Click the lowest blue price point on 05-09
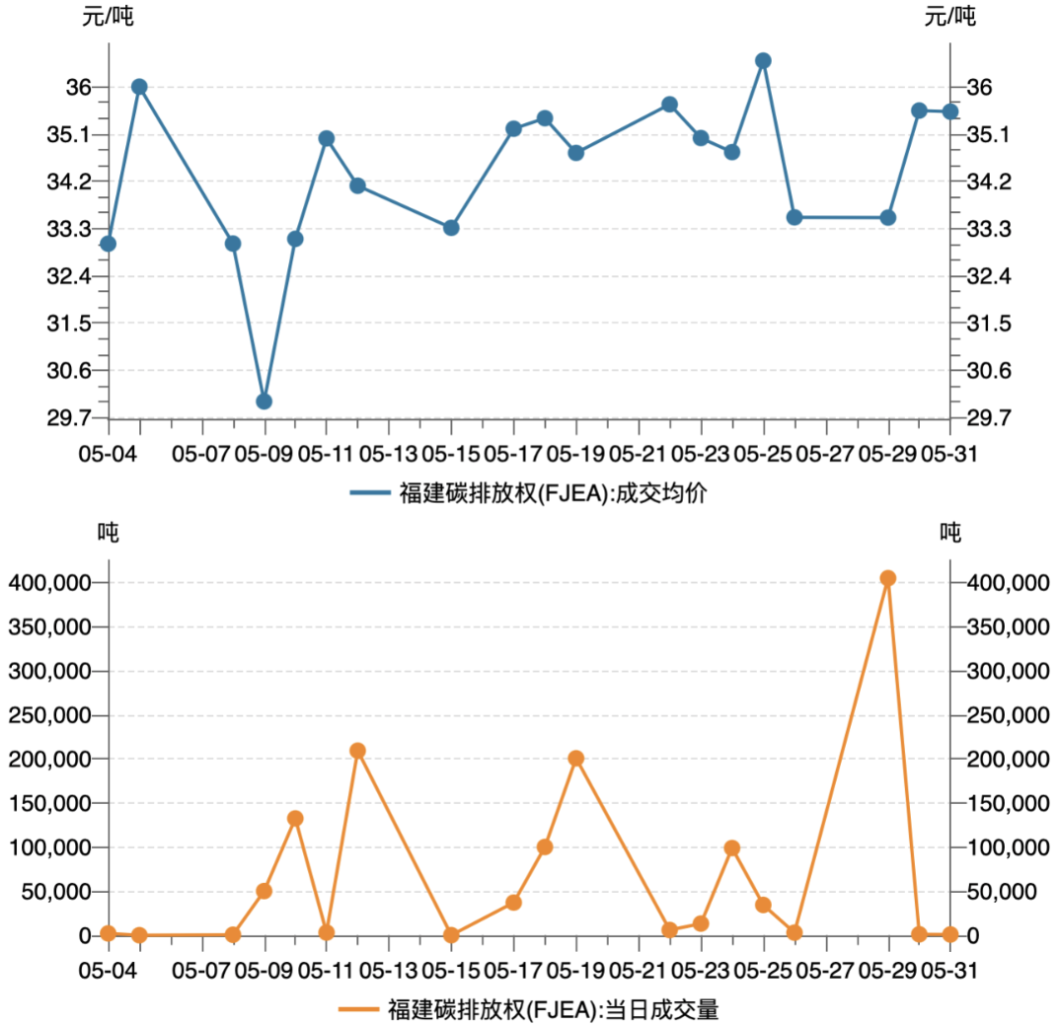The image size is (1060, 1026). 264,401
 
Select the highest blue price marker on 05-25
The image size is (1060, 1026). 763,60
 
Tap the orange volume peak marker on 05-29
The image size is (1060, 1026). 887,578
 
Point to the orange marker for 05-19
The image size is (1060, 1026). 576,758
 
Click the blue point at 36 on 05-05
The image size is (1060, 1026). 139,87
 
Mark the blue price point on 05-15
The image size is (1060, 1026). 451,228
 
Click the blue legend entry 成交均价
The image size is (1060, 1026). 529,492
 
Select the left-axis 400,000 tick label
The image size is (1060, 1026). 48,583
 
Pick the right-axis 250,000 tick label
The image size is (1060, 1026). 1008,715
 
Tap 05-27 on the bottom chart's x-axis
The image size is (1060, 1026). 825,971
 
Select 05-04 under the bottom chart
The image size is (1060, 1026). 108,971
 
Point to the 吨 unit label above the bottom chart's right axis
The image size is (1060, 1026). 949,533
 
